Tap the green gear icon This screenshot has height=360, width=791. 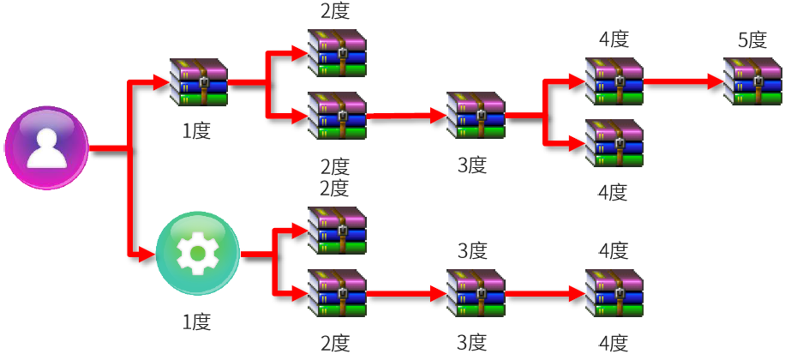[x=198, y=255]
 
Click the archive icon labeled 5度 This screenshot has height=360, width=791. [x=752, y=82]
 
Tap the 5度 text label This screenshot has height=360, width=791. [x=752, y=40]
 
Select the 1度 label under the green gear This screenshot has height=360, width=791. [x=196, y=322]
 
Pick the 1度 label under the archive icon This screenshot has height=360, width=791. [x=196, y=131]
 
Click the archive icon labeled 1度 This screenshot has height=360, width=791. [x=199, y=82]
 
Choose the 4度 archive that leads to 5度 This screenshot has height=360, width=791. [x=614, y=82]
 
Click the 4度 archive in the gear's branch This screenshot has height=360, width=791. [x=614, y=294]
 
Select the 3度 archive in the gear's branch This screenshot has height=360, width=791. [x=476, y=294]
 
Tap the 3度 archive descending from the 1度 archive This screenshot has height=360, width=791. [x=476, y=116]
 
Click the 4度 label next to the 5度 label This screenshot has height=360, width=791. [x=614, y=39]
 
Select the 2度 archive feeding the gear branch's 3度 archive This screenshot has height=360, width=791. [x=337, y=294]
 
